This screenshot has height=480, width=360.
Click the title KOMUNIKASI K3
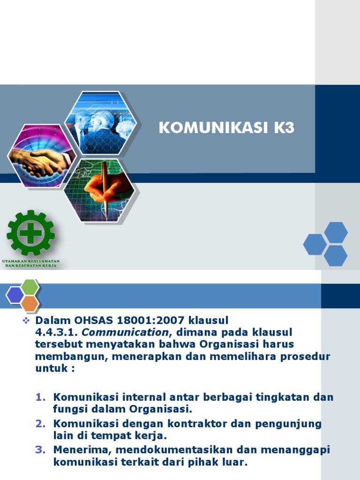click(x=226, y=128)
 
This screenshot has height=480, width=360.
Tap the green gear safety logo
click(x=30, y=233)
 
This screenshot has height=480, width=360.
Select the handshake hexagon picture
click(x=41, y=156)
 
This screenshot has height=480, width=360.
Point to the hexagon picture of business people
click(x=101, y=123)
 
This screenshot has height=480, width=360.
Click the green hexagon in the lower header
click(x=30, y=286)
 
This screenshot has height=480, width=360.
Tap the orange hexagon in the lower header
click(x=30, y=304)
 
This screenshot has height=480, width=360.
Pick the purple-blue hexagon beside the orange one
click(x=15, y=295)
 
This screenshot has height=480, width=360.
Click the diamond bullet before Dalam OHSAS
click(x=27, y=321)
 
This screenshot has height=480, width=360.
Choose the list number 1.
click(x=40, y=397)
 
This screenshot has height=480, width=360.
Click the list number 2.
click(x=40, y=424)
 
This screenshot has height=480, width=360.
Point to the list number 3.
click(x=40, y=450)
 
